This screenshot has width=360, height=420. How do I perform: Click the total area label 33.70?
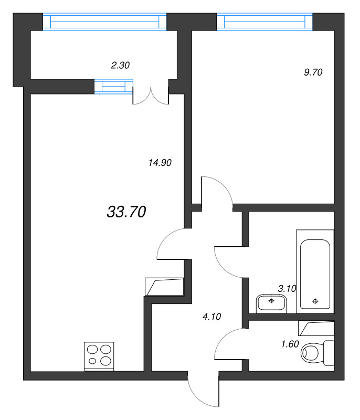(126, 212)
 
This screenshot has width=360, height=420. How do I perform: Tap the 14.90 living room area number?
(161, 163)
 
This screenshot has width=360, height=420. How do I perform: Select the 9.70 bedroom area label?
(312, 73)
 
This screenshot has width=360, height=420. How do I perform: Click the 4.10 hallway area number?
(212, 317)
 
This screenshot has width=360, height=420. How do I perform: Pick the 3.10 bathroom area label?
(287, 288)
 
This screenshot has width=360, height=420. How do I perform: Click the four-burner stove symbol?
(99, 355)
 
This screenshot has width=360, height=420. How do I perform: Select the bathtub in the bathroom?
(314, 271)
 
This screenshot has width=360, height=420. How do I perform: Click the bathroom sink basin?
(271, 303)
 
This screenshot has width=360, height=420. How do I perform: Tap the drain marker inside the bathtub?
(315, 301)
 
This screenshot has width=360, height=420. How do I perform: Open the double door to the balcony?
(150, 94)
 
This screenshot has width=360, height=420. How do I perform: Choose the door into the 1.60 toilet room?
(229, 344)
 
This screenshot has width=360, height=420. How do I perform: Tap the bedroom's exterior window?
(265, 22)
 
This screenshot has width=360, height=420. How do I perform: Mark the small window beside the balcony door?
(113, 87)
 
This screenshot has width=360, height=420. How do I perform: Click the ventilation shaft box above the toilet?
(316, 329)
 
